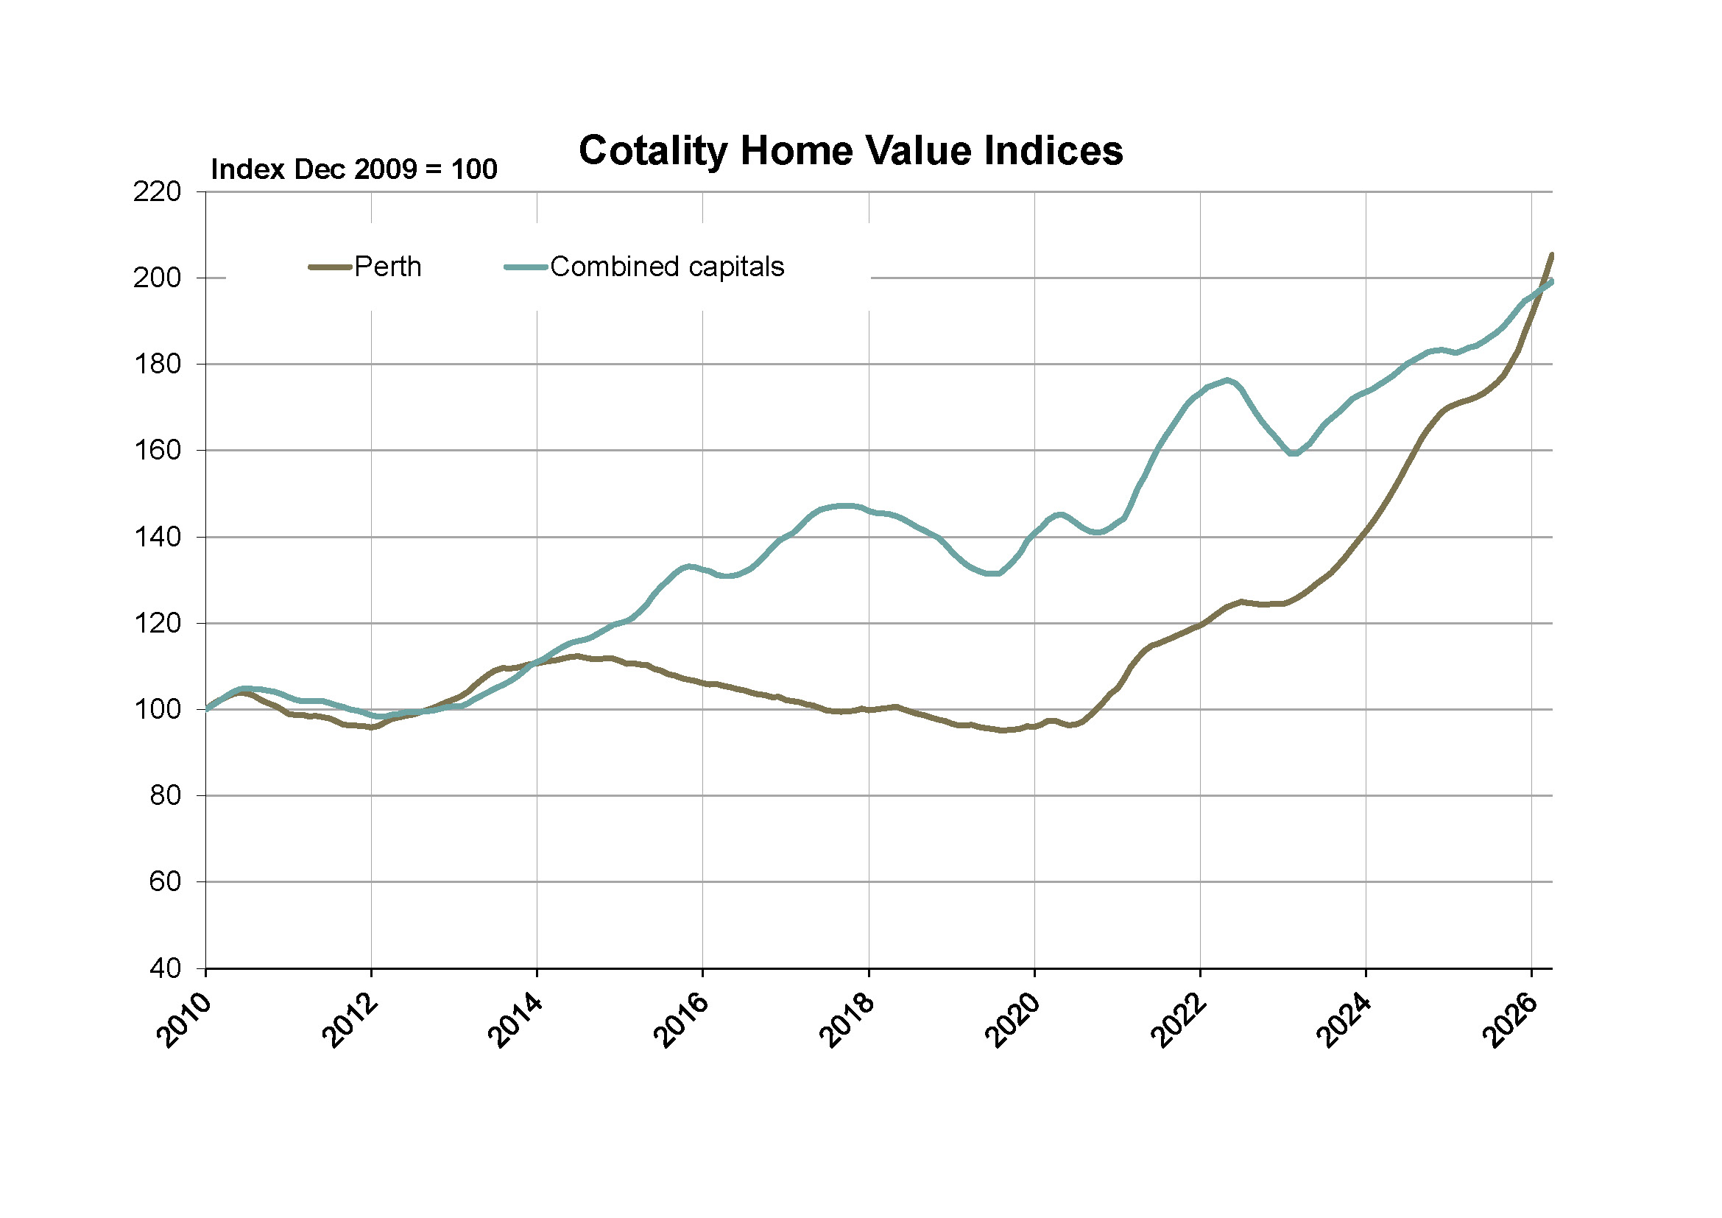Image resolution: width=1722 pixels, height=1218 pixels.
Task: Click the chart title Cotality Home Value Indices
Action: pos(850,151)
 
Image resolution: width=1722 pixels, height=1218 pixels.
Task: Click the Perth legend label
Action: pos(388,267)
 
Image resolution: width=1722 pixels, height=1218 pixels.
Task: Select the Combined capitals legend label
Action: pos(667,267)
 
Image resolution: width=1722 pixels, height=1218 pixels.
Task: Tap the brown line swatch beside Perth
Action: pos(330,267)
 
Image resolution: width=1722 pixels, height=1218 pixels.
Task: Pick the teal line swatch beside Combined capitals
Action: pos(525,267)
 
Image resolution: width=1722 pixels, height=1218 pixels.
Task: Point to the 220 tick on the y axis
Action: pos(158,192)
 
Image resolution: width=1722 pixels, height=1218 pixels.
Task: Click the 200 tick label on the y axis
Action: pos(158,278)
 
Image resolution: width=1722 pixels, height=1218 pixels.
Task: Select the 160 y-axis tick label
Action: pos(158,451)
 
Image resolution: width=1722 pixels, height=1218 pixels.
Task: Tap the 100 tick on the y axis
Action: pos(158,709)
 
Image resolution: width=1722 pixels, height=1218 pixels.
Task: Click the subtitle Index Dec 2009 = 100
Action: pos(354,170)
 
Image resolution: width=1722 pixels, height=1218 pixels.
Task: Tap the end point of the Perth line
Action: pos(1552,255)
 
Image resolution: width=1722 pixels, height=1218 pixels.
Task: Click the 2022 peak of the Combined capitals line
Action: pos(1227,380)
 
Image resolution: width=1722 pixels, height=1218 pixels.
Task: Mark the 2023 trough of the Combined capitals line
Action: pos(1293,454)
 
